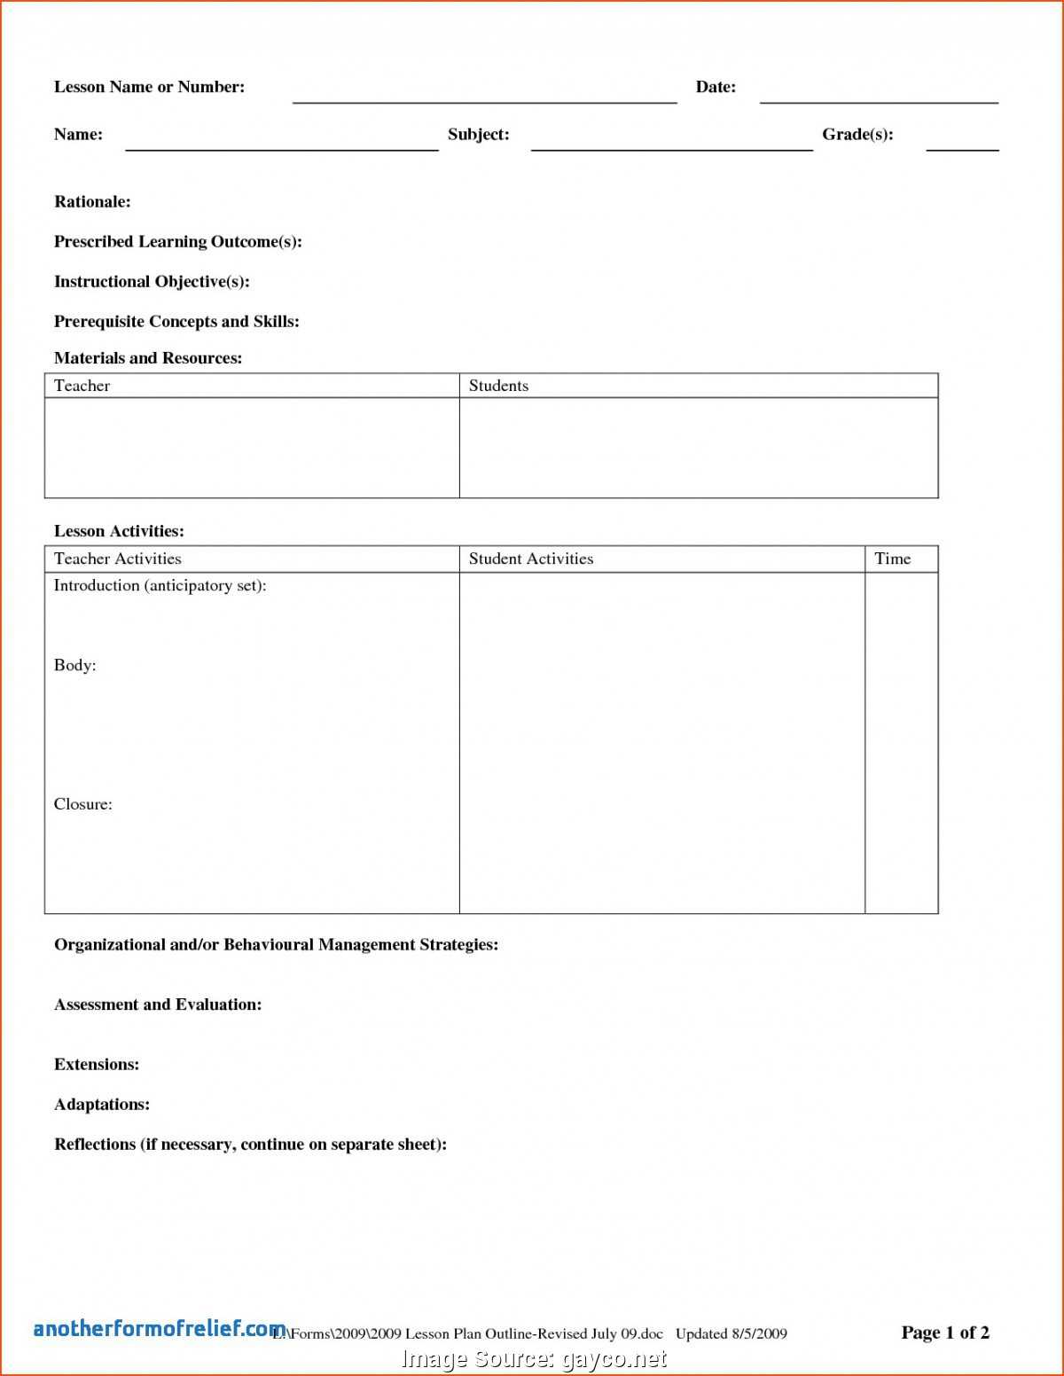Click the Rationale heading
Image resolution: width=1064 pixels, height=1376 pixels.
92,202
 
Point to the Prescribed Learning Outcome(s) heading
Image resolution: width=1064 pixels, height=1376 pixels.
178,242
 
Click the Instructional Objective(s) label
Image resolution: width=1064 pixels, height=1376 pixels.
152,282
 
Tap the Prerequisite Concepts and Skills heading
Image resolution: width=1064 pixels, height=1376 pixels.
176,322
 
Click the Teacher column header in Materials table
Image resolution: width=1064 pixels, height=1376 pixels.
82,386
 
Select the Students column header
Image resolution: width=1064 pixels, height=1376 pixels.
498,386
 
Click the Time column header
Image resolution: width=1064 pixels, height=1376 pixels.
892,559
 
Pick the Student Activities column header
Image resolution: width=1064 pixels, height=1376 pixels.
531,559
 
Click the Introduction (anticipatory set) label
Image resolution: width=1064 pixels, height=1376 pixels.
160,586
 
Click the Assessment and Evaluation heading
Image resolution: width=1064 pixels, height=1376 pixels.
158,1005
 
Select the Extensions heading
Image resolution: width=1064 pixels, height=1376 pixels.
97,1065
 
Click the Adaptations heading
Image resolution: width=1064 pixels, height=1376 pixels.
102,1105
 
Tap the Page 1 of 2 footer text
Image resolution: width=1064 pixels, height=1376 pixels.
945,1333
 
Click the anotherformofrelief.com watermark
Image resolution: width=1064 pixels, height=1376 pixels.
160,1328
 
